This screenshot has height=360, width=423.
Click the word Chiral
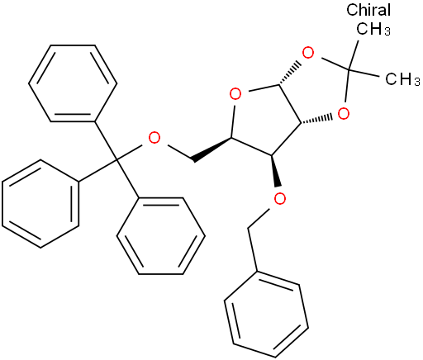pos(368,10)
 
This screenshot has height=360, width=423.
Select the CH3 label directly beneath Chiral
pos(373,29)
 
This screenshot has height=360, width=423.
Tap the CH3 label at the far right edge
pos(402,79)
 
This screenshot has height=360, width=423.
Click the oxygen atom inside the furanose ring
pos(235,94)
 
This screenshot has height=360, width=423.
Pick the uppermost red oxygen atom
pos(308,53)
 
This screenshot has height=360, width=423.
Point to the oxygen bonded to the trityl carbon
pos(154,138)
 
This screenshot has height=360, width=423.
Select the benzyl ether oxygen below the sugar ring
pos(280,199)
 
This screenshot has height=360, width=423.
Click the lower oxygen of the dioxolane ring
pos(344,113)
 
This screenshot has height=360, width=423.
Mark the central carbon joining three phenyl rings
pos(116,159)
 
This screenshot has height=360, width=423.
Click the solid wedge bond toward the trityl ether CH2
pos(212,149)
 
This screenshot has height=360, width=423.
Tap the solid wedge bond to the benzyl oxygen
pos(275,171)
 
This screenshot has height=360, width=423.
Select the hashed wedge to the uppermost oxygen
pos(290,73)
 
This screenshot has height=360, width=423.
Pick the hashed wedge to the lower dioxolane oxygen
pos(316,120)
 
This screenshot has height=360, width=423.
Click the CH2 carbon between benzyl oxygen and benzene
pos(248,228)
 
